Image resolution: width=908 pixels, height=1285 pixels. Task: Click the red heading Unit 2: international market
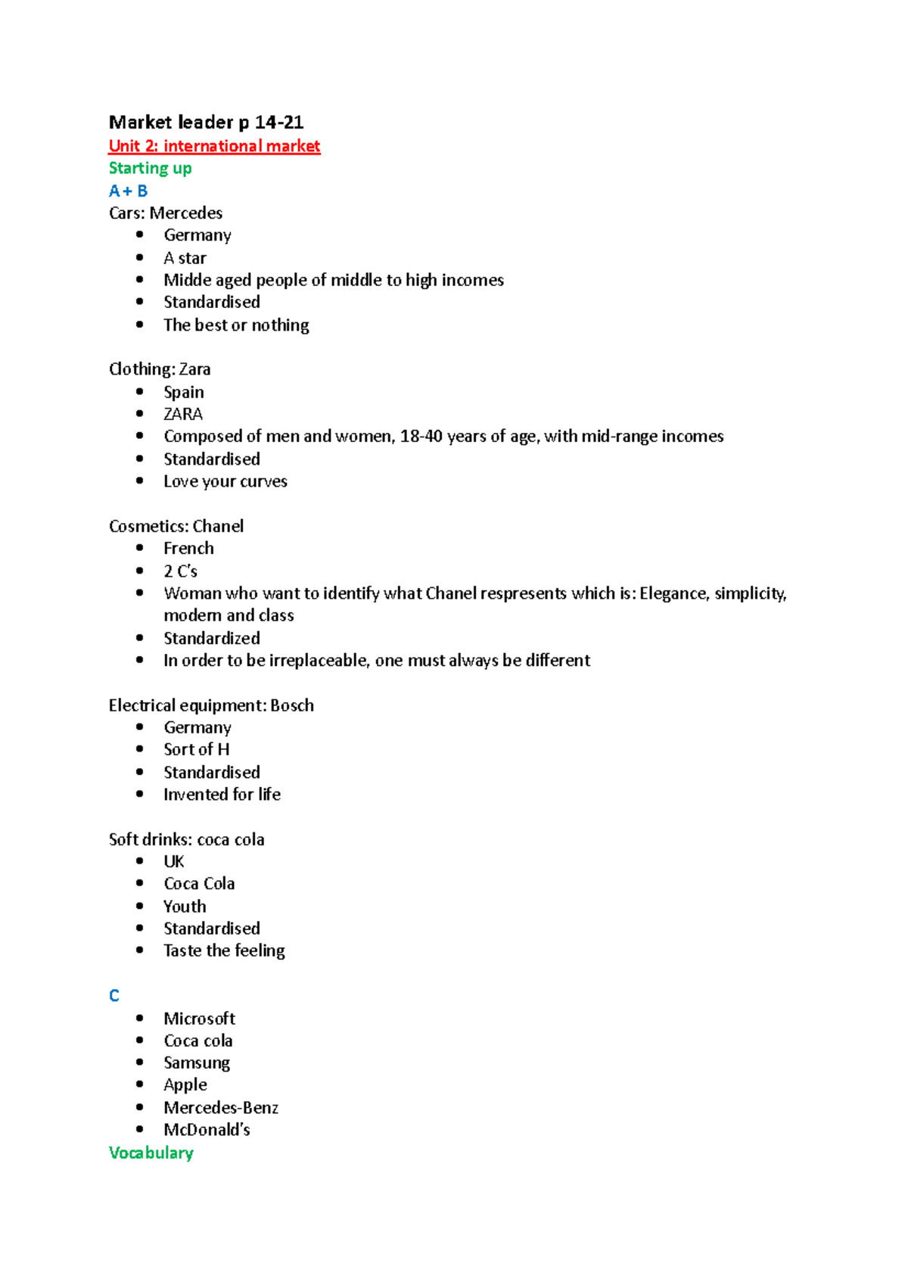(x=214, y=146)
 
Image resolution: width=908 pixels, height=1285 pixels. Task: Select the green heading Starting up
(x=150, y=168)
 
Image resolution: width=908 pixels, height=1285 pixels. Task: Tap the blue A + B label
(x=128, y=191)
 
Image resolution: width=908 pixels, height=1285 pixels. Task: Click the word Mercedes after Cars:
(x=186, y=213)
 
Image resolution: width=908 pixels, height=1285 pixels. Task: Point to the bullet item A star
(x=185, y=258)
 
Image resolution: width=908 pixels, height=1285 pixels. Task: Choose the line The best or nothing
(x=236, y=325)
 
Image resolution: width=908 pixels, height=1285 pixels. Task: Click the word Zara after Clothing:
(x=194, y=369)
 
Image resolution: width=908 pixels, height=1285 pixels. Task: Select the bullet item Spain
(x=184, y=392)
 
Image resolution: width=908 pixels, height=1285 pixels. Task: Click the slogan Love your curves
(x=225, y=481)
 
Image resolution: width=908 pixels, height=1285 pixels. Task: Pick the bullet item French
(x=188, y=548)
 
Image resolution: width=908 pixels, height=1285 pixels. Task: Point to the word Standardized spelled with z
(x=212, y=638)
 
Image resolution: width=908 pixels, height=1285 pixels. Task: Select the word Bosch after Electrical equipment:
(x=292, y=705)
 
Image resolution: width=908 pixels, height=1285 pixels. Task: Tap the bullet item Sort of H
(x=197, y=749)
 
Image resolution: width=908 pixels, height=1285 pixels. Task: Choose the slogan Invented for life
(x=222, y=794)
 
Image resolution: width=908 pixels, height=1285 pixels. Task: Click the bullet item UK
(x=174, y=861)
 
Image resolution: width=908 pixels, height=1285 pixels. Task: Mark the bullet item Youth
(x=185, y=906)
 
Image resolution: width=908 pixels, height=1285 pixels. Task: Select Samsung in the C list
(x=197, y=1063)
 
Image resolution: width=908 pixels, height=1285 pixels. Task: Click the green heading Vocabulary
(x=151, y=1153)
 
